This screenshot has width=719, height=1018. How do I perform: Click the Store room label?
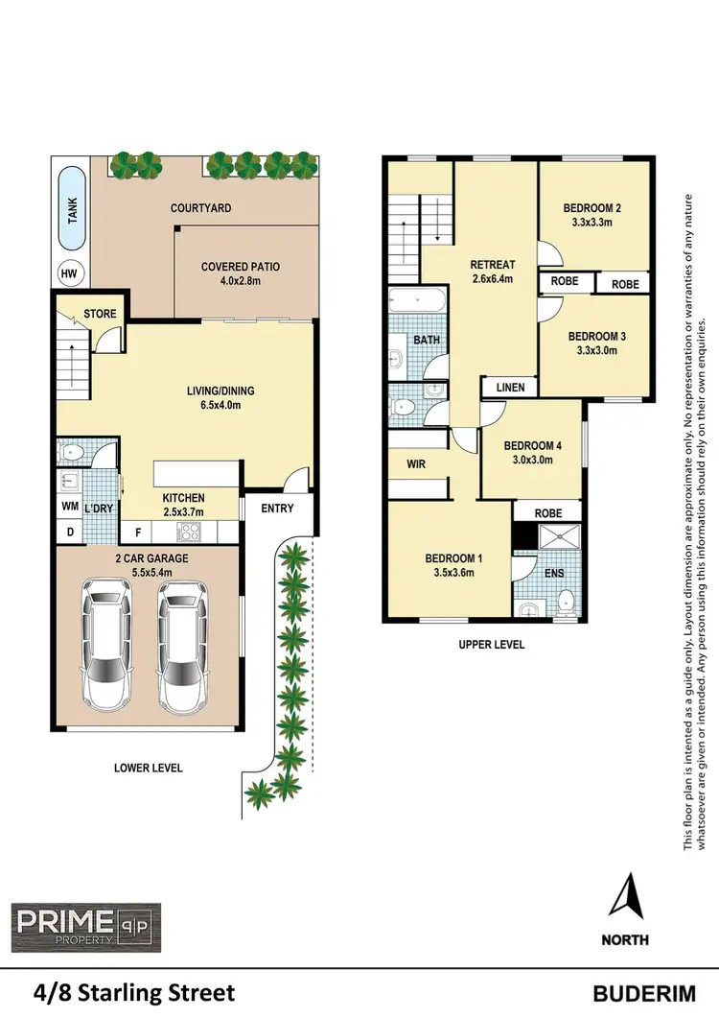[x=100, y=314]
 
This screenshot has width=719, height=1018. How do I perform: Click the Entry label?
[x=277, y=509]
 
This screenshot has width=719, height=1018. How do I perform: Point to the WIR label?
[x=416, y=463]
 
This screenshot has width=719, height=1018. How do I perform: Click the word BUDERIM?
[x=639, y=993]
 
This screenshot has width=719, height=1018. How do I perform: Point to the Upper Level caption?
[x=491, y=645]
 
